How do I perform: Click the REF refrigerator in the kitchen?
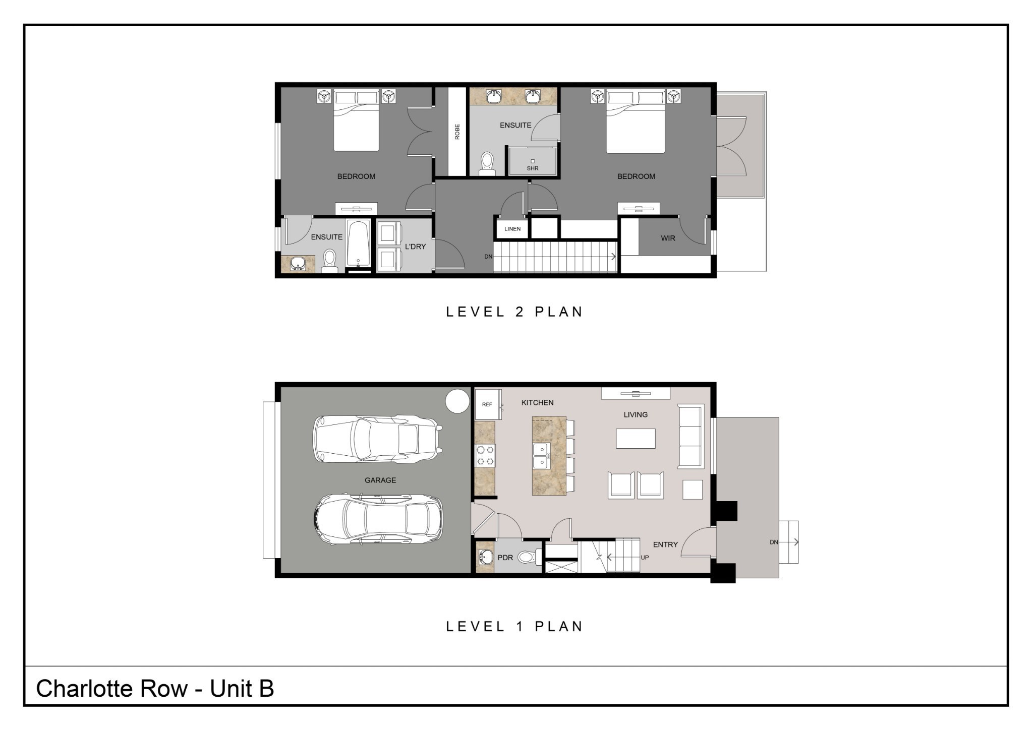pos(487,404)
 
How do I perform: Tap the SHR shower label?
pos(533,168)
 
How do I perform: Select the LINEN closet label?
pos(512,229)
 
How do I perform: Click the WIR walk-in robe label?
pos(668,238)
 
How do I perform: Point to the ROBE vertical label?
pos(457,132)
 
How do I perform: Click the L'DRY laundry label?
pos(415,247)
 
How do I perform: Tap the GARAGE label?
pos(380,480)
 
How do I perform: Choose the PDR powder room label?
pos(505,558)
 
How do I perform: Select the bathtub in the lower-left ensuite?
pos(359,244)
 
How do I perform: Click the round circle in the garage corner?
pos(457,401)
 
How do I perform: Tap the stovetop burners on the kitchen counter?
pos(485,455)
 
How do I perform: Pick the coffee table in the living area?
pos(636,438)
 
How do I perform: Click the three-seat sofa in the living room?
pos(691,437)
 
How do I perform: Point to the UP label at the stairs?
pos(645,558)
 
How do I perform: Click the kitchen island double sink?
pos(540,456)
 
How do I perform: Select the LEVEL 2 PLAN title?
pos(514,312)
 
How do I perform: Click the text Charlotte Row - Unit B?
pos(155,689)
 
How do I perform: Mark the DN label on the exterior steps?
pos(774,542)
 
